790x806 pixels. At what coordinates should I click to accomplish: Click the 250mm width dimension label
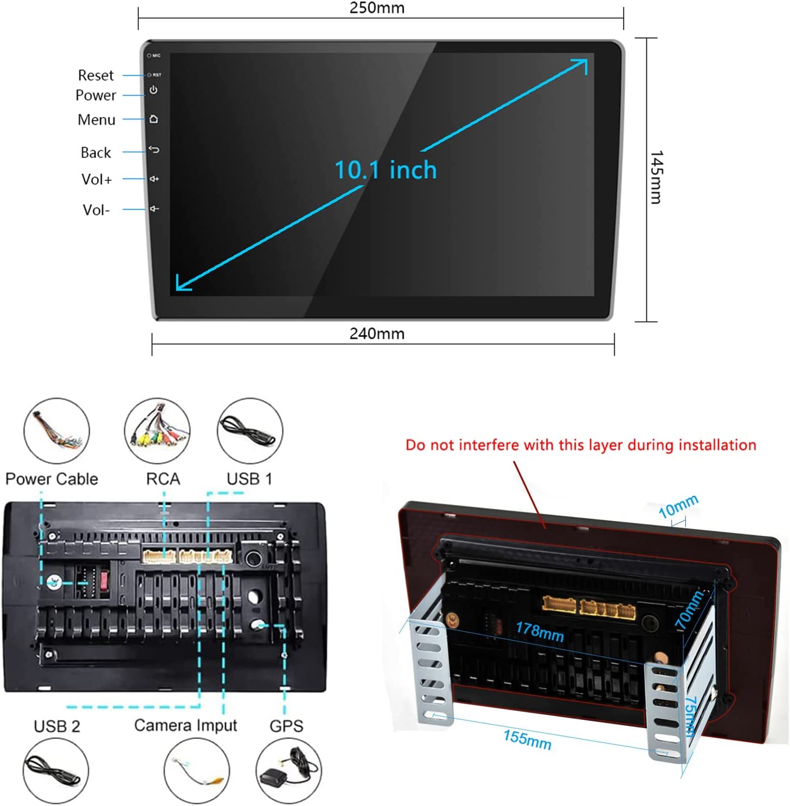click(x=377, y=8)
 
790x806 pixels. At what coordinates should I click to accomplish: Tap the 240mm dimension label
click(x=377, y=334)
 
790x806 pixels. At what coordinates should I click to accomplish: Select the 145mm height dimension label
click(x=656, y=177)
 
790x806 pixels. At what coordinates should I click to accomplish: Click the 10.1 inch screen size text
click(x=385, y=170)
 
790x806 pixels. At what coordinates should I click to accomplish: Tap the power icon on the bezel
click(x=154, y=90)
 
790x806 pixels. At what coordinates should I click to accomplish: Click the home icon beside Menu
click(x=154, y=119)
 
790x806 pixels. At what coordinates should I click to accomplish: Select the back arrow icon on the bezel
click(x=154, y=150)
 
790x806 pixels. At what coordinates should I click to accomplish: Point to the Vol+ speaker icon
click(x=154, y=179)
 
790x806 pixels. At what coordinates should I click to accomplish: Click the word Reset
click(x=96, y=75)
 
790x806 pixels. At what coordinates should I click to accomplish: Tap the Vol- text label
click(x=96, y=210)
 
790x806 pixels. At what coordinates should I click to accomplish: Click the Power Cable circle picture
click(x=56, y=431)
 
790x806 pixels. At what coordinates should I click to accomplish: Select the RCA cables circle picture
click(x=157, y=431)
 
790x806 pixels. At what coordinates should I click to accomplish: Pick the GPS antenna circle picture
click(x=289, y=771)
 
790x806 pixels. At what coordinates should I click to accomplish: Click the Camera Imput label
click(x=186, y=726)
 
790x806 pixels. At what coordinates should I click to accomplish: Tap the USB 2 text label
click(x=57, y=727)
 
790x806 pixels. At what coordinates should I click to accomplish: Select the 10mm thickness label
click(x=678, y=506)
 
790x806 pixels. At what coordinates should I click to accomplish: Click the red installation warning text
click(x=581, y=445)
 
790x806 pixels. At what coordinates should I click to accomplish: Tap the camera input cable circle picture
click(x=196, y=771)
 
